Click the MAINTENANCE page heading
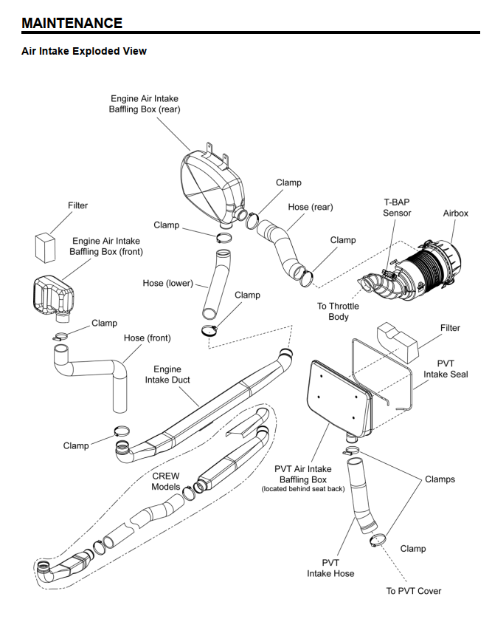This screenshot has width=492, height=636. coord(72,23)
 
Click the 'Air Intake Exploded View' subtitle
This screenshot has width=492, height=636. coord(84,51)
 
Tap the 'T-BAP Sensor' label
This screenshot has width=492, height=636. coord(397,207)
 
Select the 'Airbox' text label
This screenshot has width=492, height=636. coord(455,213)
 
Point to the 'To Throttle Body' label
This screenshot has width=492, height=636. coord(338,311)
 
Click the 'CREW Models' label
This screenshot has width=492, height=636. coord(166,481)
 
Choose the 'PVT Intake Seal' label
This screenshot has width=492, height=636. coord(446,369)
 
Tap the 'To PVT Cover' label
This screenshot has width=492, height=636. coord(414,591)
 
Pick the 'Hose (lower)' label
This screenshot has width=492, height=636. coord(168,284)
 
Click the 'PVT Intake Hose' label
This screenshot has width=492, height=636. coord(330,567)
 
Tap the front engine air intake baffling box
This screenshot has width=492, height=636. coord(52,295)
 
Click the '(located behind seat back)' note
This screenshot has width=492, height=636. coord(303,489)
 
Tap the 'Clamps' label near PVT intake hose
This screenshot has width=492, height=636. coord(440,479)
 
